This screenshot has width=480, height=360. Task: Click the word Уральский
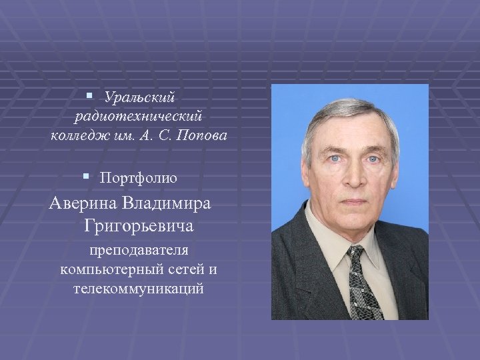(x=139, y=98)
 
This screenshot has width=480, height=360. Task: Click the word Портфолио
(x=138, y=178)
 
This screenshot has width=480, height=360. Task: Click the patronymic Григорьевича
(x=139, y=227)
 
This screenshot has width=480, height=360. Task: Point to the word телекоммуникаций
(x=139, y=289)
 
